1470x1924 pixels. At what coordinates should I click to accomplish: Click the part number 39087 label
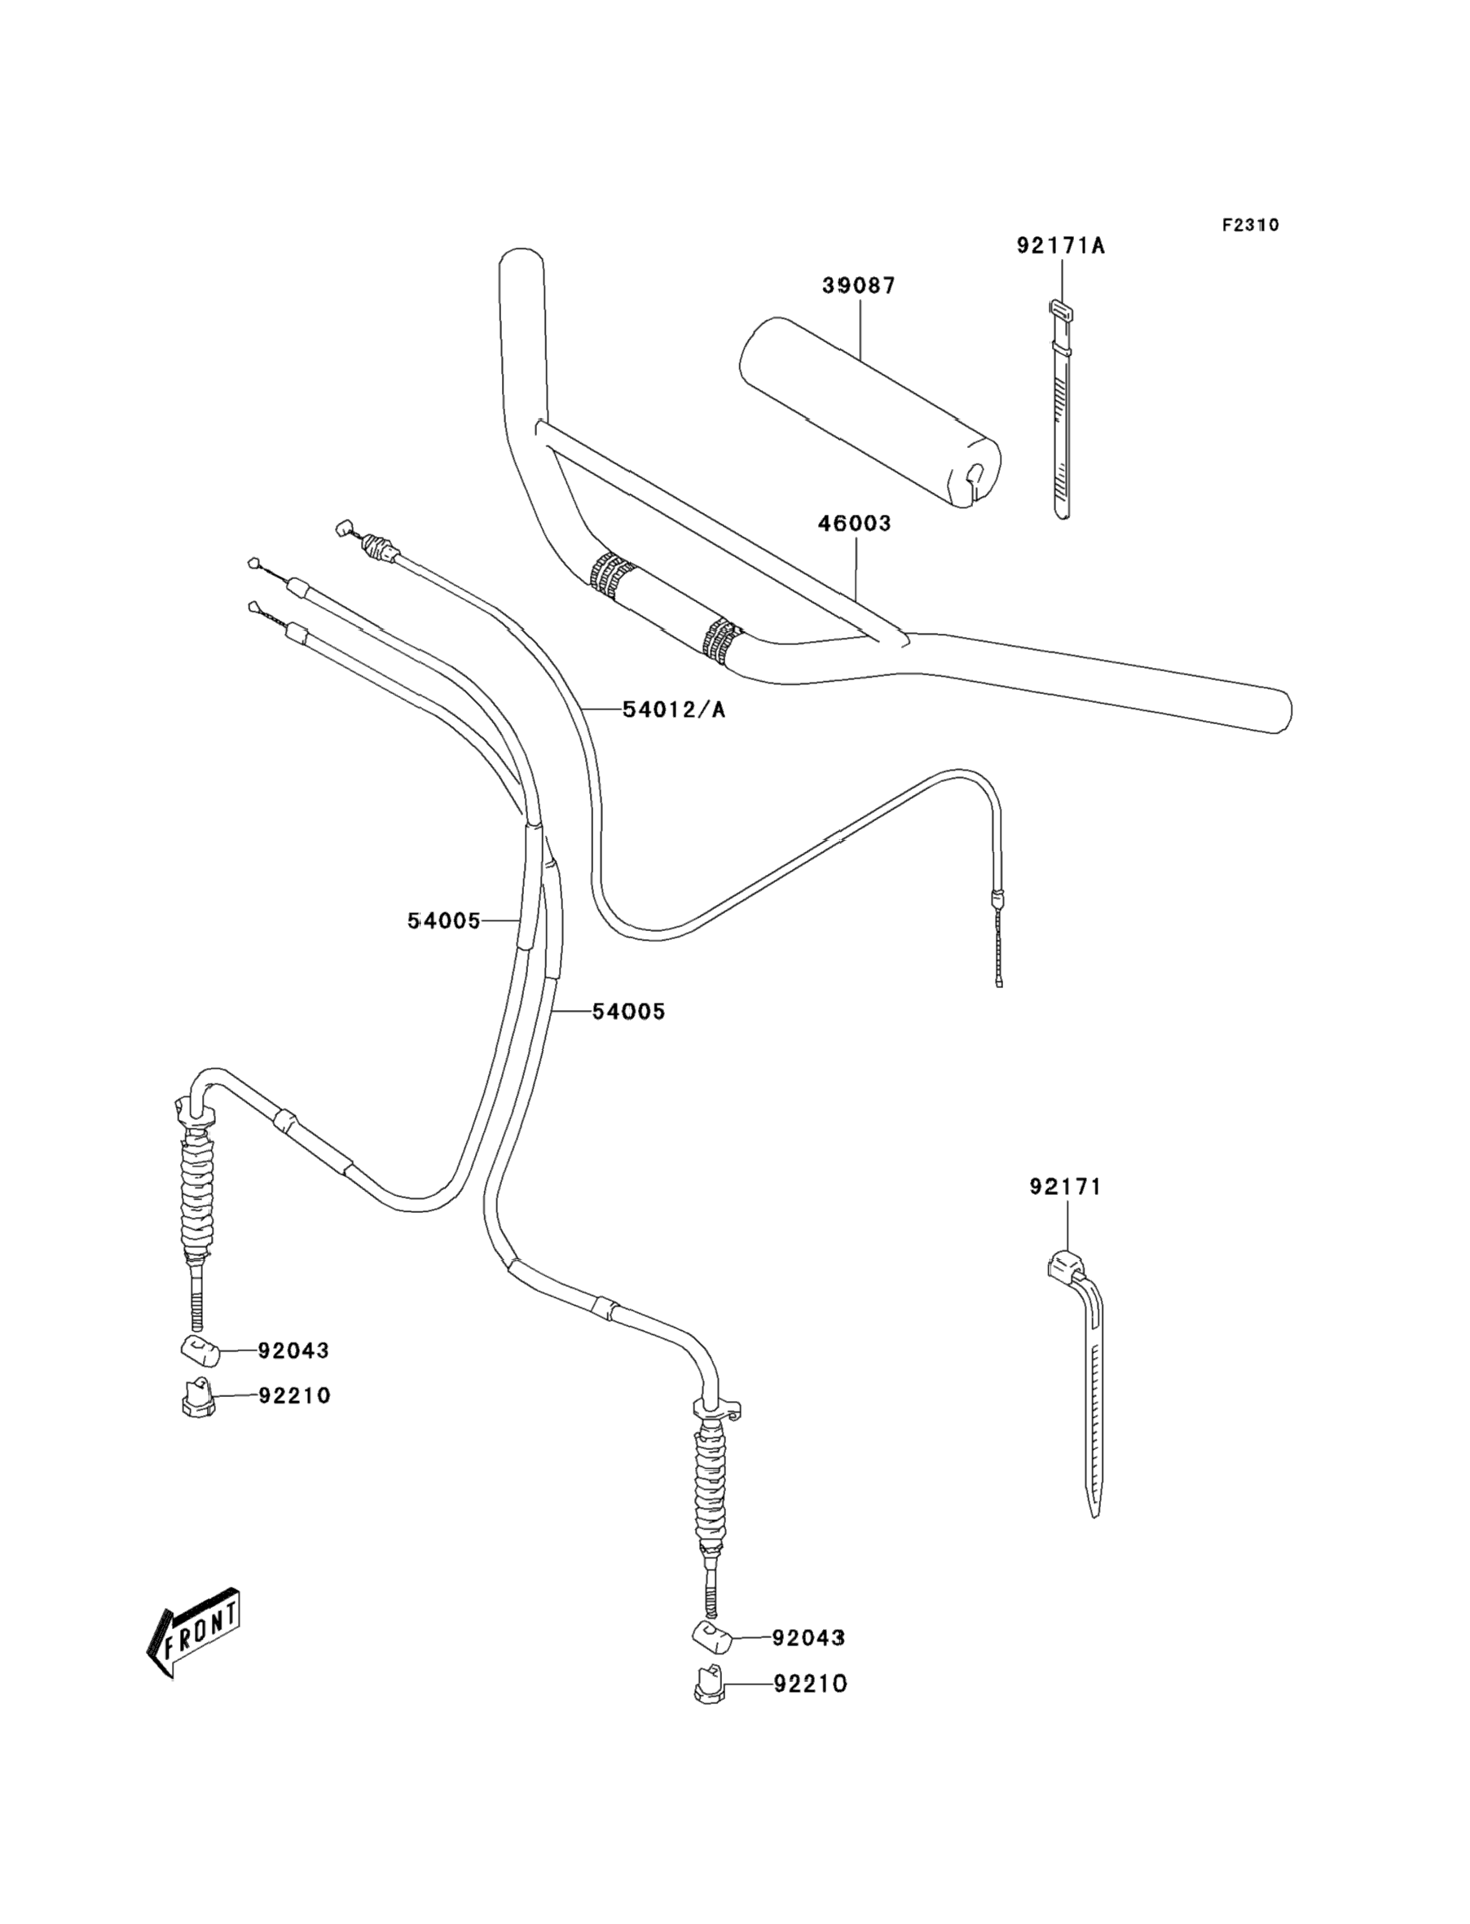pos(858,285)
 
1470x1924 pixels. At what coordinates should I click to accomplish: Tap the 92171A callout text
pos(1060,246)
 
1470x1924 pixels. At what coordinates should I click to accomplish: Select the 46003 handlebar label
pos(854,523)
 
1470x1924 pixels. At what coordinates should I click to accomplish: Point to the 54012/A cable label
pos(674,709)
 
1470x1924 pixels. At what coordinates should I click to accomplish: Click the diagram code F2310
pos(1250,225)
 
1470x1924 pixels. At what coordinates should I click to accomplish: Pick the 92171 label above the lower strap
pos(1065,1187)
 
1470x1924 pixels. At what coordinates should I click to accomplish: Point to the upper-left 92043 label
pos(293,1351)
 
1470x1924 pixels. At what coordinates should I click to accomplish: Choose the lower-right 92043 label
pos(808,1637)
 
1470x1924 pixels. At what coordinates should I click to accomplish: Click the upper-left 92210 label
pos(294,1396)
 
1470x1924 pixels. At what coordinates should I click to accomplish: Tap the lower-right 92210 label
pos(810,1684)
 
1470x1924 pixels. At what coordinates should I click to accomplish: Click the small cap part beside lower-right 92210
pos(710,1685)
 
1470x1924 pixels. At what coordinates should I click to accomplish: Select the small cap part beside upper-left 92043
pos(199,1351)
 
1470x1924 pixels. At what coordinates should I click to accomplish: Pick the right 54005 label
pos(628,1011)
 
